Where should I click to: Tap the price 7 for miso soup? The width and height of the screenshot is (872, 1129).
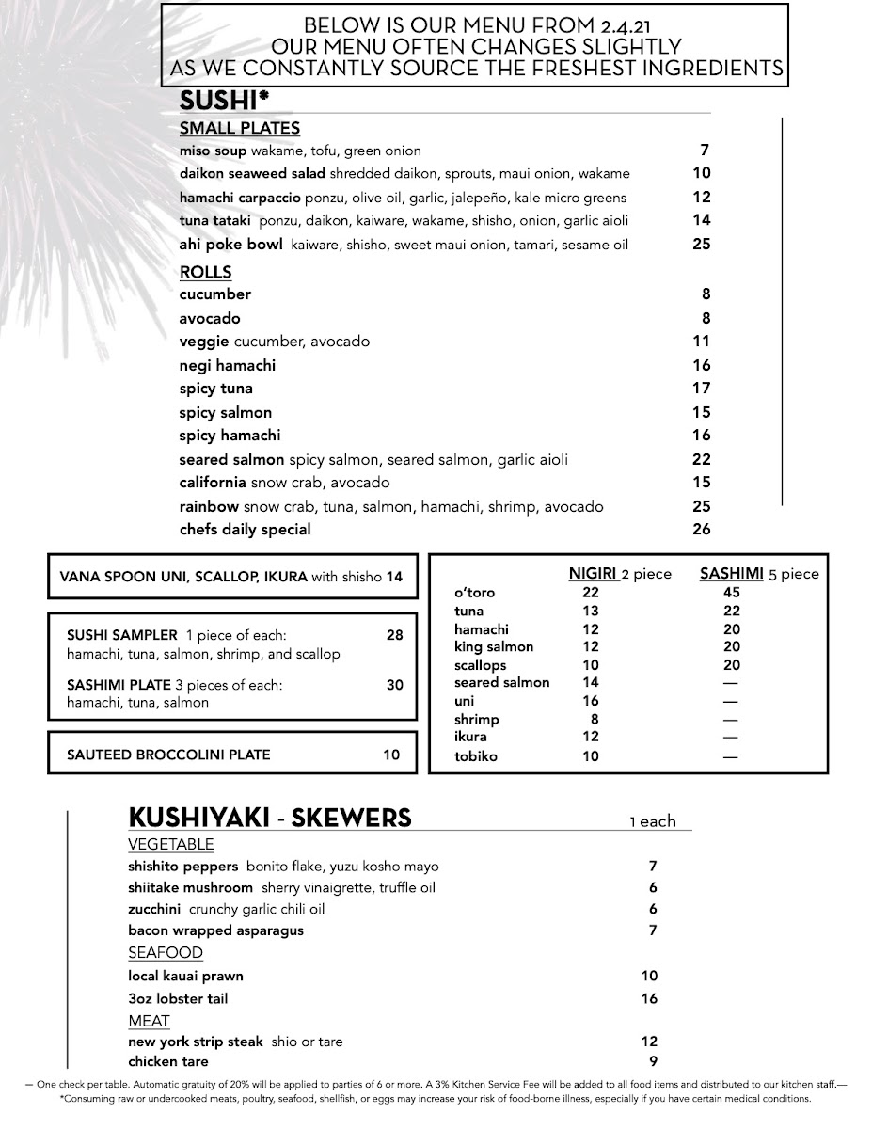pyautogui.click(x=704, y=150)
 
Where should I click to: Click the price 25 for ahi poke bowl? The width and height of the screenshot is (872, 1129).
pyautogui.click(x=701, y=244)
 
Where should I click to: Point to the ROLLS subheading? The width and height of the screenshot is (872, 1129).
pyautogui.click(x=205, y=272)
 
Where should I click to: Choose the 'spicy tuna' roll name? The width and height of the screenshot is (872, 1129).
pyautogui.click(x=215, y=389)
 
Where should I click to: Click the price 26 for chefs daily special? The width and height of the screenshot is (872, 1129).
pyautogui.click(x=701, y=529)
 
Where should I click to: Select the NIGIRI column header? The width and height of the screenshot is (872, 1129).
pyautogui.click(x=594, y=573)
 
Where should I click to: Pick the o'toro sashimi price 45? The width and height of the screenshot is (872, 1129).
pyautogui.click(x=732, y=592)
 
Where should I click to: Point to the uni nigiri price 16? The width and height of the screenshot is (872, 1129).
pyautogui.click(x=590, y=701)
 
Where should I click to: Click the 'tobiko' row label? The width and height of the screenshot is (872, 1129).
pyautogui.click(x=476, y=756)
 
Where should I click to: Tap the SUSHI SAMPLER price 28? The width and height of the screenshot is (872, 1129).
pyautogui.click(x=394, y=635)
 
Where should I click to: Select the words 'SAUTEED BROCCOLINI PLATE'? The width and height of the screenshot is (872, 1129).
pyautogui.click(x=168, y=755)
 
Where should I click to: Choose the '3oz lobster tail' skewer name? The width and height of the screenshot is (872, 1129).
pyautogui.click(x=178, y=998)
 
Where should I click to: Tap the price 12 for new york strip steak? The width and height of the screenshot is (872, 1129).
pyautogui.click(x=649, y=1042)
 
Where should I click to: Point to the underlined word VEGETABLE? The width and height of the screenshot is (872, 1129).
pyautogui.click(x=171, y=844)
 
